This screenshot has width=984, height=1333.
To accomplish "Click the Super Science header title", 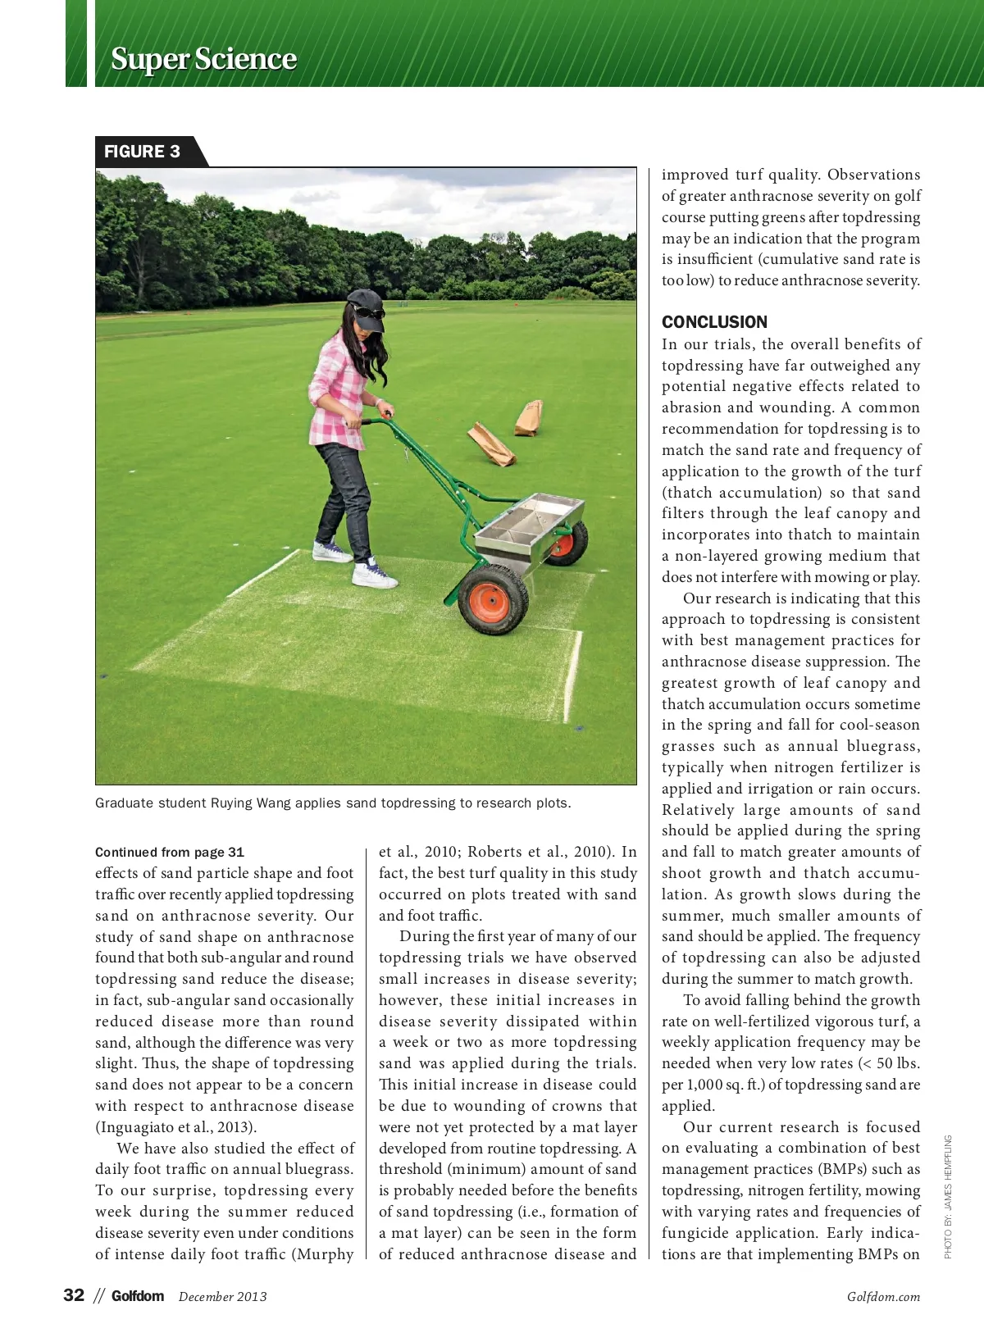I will (x=203, y=59).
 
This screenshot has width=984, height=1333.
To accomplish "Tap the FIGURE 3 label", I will (x=142, y=152).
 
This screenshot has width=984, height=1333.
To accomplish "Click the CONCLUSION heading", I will (x=714, y=322).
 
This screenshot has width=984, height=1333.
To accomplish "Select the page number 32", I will (x=74, y=1295).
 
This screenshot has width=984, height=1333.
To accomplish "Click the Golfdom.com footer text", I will (x=883, y=1297).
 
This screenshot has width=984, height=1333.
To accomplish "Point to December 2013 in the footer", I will (x=222, y=1297).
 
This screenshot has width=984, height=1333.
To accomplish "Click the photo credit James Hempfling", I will (x=948, y=1197).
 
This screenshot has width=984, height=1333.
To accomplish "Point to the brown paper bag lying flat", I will (x=490, y=444).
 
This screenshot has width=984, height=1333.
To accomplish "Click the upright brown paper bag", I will (x=529, y=418).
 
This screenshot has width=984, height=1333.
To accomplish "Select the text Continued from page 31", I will (x=170, y=853).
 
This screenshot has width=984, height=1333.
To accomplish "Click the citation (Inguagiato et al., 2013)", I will (x=175, y=1127).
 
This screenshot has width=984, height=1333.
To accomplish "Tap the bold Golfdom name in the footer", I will (x=138, y=1296).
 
